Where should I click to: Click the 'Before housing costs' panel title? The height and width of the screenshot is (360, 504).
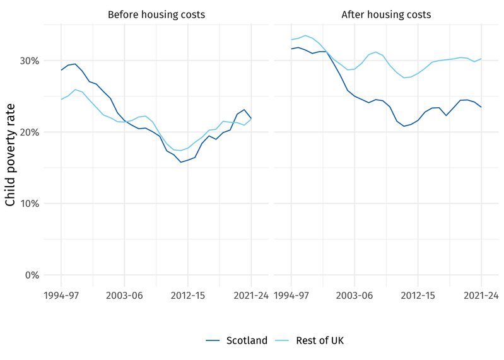click(156, 15)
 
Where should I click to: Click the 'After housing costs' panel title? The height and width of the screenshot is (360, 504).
click(386, 15)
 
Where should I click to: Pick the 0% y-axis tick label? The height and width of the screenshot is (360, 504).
click(32, 276)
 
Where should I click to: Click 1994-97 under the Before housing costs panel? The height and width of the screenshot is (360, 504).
click(61, 294)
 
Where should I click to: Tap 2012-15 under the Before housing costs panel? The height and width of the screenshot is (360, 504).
click(188, 294)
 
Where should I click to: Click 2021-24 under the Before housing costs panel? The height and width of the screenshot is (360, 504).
click(251, 294)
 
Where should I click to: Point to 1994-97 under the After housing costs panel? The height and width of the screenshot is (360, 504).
click(291, 294)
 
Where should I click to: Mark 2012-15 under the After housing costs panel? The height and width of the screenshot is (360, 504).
click(418, 294)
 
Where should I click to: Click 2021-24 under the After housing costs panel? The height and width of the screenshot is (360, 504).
click(481, 294)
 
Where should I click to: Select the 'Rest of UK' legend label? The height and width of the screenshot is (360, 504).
click(320, 340)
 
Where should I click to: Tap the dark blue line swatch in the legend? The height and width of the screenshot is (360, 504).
click(213, 340)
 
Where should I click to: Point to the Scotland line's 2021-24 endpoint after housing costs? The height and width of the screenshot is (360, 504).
click(481, 107)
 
